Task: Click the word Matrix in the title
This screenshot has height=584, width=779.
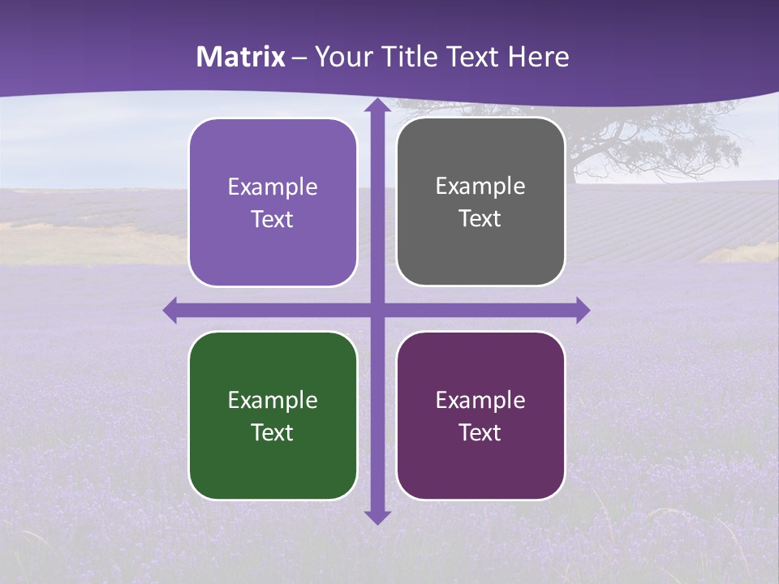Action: point(241,57)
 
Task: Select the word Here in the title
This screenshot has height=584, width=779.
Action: point(538,57)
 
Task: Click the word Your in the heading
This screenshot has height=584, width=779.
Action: point(341,57)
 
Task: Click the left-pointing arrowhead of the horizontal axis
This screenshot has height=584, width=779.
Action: point(171,310)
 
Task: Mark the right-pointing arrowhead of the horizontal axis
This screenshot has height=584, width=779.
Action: point(582,310)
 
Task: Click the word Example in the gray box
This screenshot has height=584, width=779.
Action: point(480,187)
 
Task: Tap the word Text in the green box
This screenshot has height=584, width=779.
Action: point(273,432)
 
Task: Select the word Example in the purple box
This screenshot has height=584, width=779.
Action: point(273,187)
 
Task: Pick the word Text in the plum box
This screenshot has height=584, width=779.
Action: point(480,432)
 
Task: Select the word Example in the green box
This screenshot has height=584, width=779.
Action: point(273,400)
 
